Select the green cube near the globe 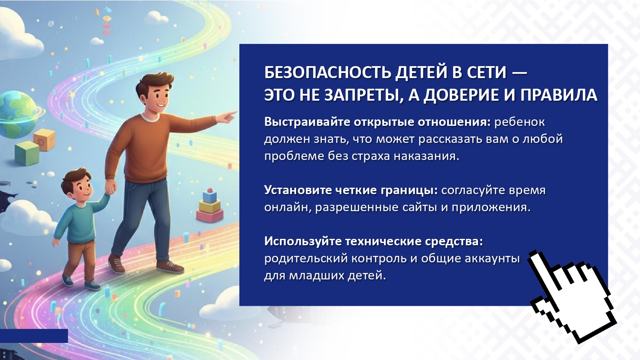[26, 154]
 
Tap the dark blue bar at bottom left [34, 336]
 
